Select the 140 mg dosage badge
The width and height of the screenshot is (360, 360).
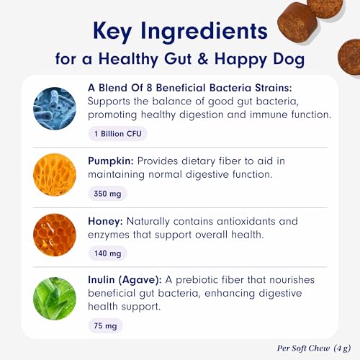107,253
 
